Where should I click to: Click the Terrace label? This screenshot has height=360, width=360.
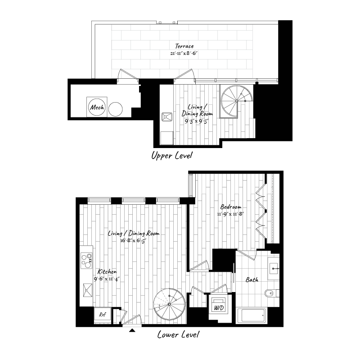185,46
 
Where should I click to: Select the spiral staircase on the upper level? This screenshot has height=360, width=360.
237,101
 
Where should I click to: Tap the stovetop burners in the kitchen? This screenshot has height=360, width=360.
85,260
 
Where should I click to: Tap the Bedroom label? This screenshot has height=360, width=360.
229,207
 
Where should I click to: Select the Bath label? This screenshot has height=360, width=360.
252,280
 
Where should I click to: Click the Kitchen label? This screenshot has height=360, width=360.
108,272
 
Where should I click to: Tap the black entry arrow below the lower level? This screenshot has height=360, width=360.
132,331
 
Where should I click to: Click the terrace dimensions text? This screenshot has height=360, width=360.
184,53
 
